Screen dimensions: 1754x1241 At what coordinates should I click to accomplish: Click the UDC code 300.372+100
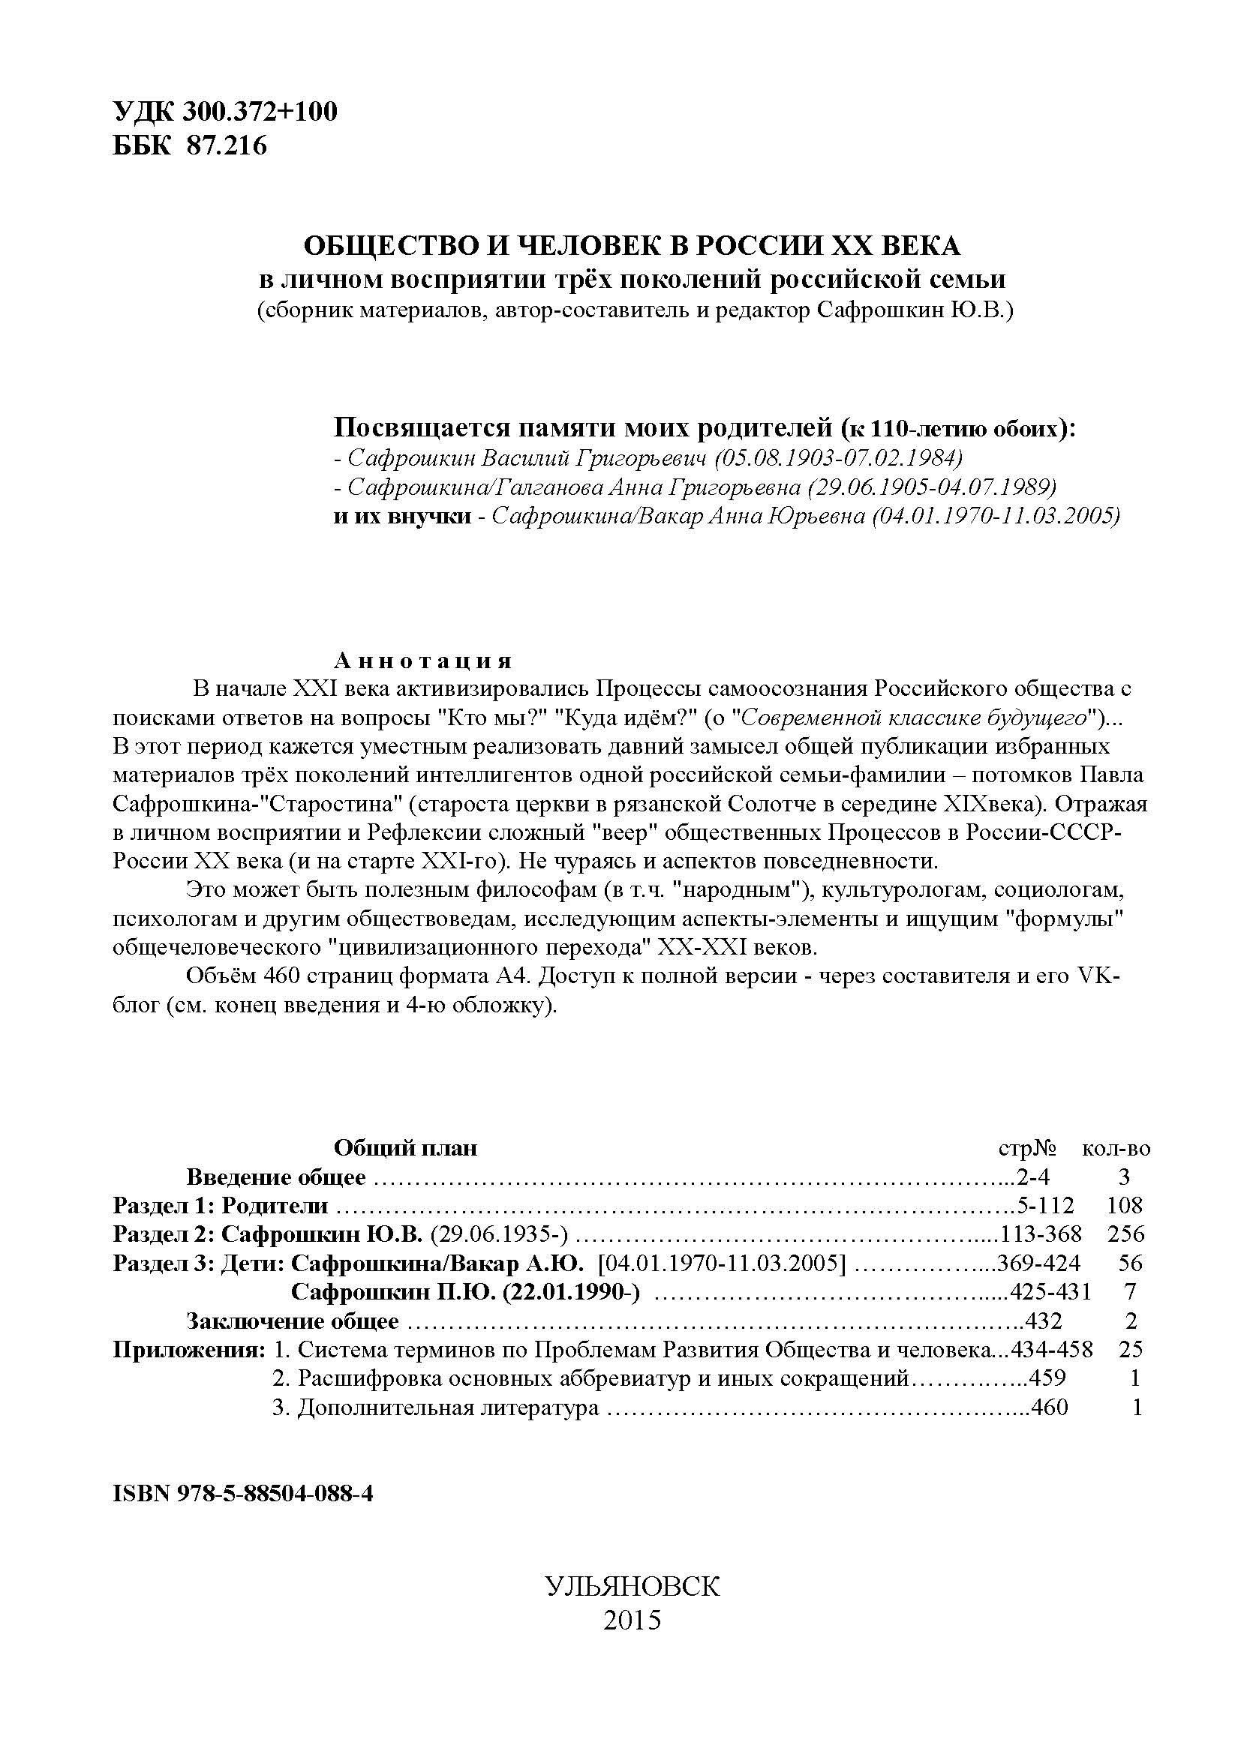(x=260, y=112)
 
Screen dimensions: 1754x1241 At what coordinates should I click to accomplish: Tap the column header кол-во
(x=1116, y=1148)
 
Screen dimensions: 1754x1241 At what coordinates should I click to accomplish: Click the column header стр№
(x=1028, y=1148)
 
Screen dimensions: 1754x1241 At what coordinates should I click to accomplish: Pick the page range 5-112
(x=1045, y=1207)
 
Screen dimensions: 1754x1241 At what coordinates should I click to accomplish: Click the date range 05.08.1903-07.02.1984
(x=840, y=458)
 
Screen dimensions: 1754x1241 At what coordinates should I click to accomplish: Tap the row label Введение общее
(x=276, y=1177)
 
